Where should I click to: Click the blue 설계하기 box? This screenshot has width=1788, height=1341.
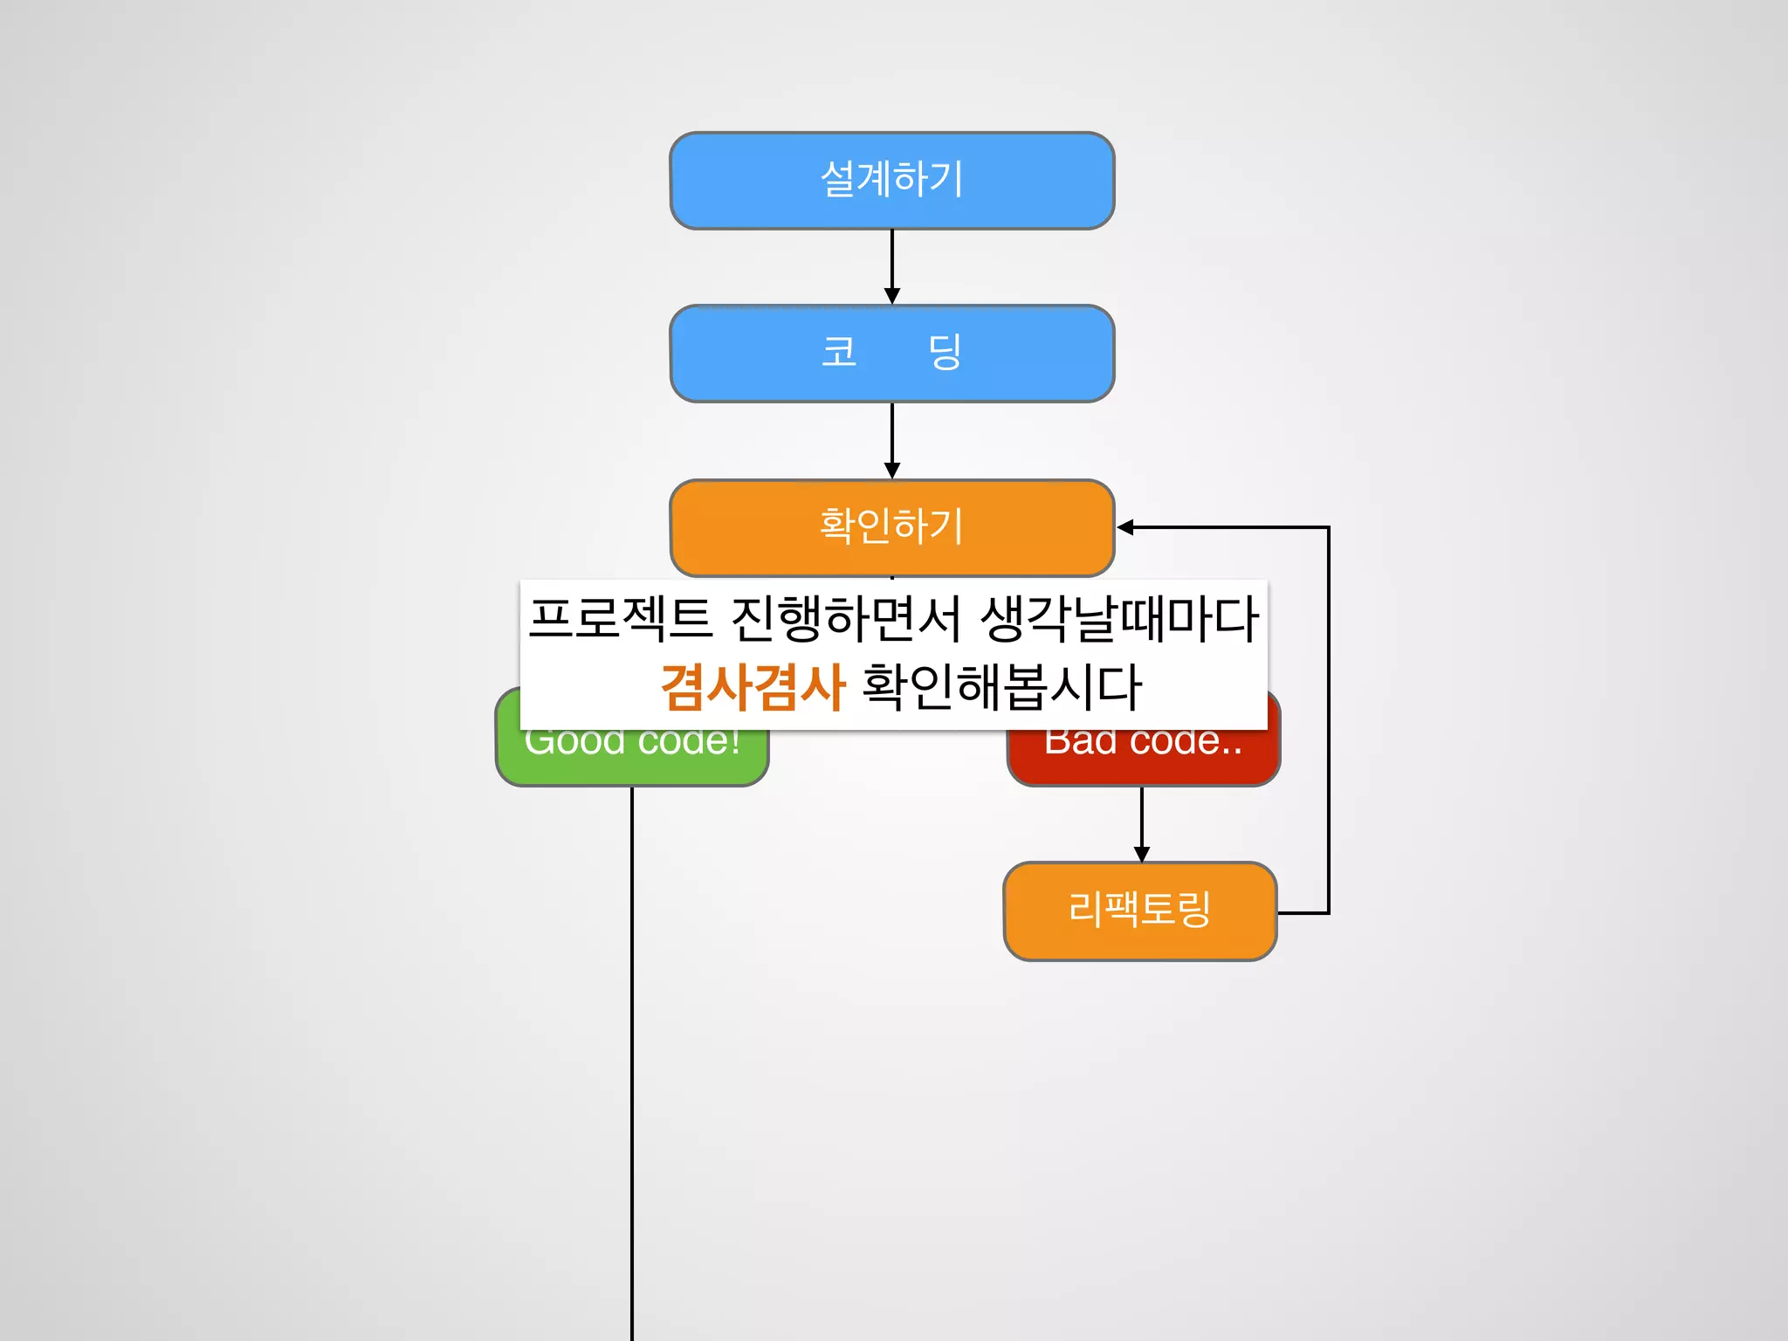[x=891, y=181]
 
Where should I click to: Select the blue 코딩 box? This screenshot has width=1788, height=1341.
[x=891, y=354]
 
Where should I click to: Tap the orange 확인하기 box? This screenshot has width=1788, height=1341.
[x=891, y=527]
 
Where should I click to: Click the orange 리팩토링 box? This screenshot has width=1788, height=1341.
[x=1140, y=911]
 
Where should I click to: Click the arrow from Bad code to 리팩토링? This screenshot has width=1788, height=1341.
[x=1142, y=821]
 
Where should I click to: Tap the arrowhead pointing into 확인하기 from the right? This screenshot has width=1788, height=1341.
[x=1126, y=527]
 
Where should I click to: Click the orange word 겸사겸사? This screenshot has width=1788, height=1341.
[x=753, y=686]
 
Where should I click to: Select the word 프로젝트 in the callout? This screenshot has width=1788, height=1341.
[x=620, y=618]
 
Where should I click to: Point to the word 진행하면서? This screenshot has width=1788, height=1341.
[x=845, y=618]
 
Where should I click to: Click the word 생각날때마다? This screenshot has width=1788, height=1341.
[x=1119, y=618]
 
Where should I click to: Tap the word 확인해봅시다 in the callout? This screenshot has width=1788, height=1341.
[x=1001, y=686]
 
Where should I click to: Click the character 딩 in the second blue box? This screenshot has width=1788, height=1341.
[x=944, y=352]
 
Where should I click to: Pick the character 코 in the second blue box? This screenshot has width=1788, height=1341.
[x=839, y=352]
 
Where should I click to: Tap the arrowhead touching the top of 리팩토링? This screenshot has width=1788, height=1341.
[x=1142, y=854]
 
